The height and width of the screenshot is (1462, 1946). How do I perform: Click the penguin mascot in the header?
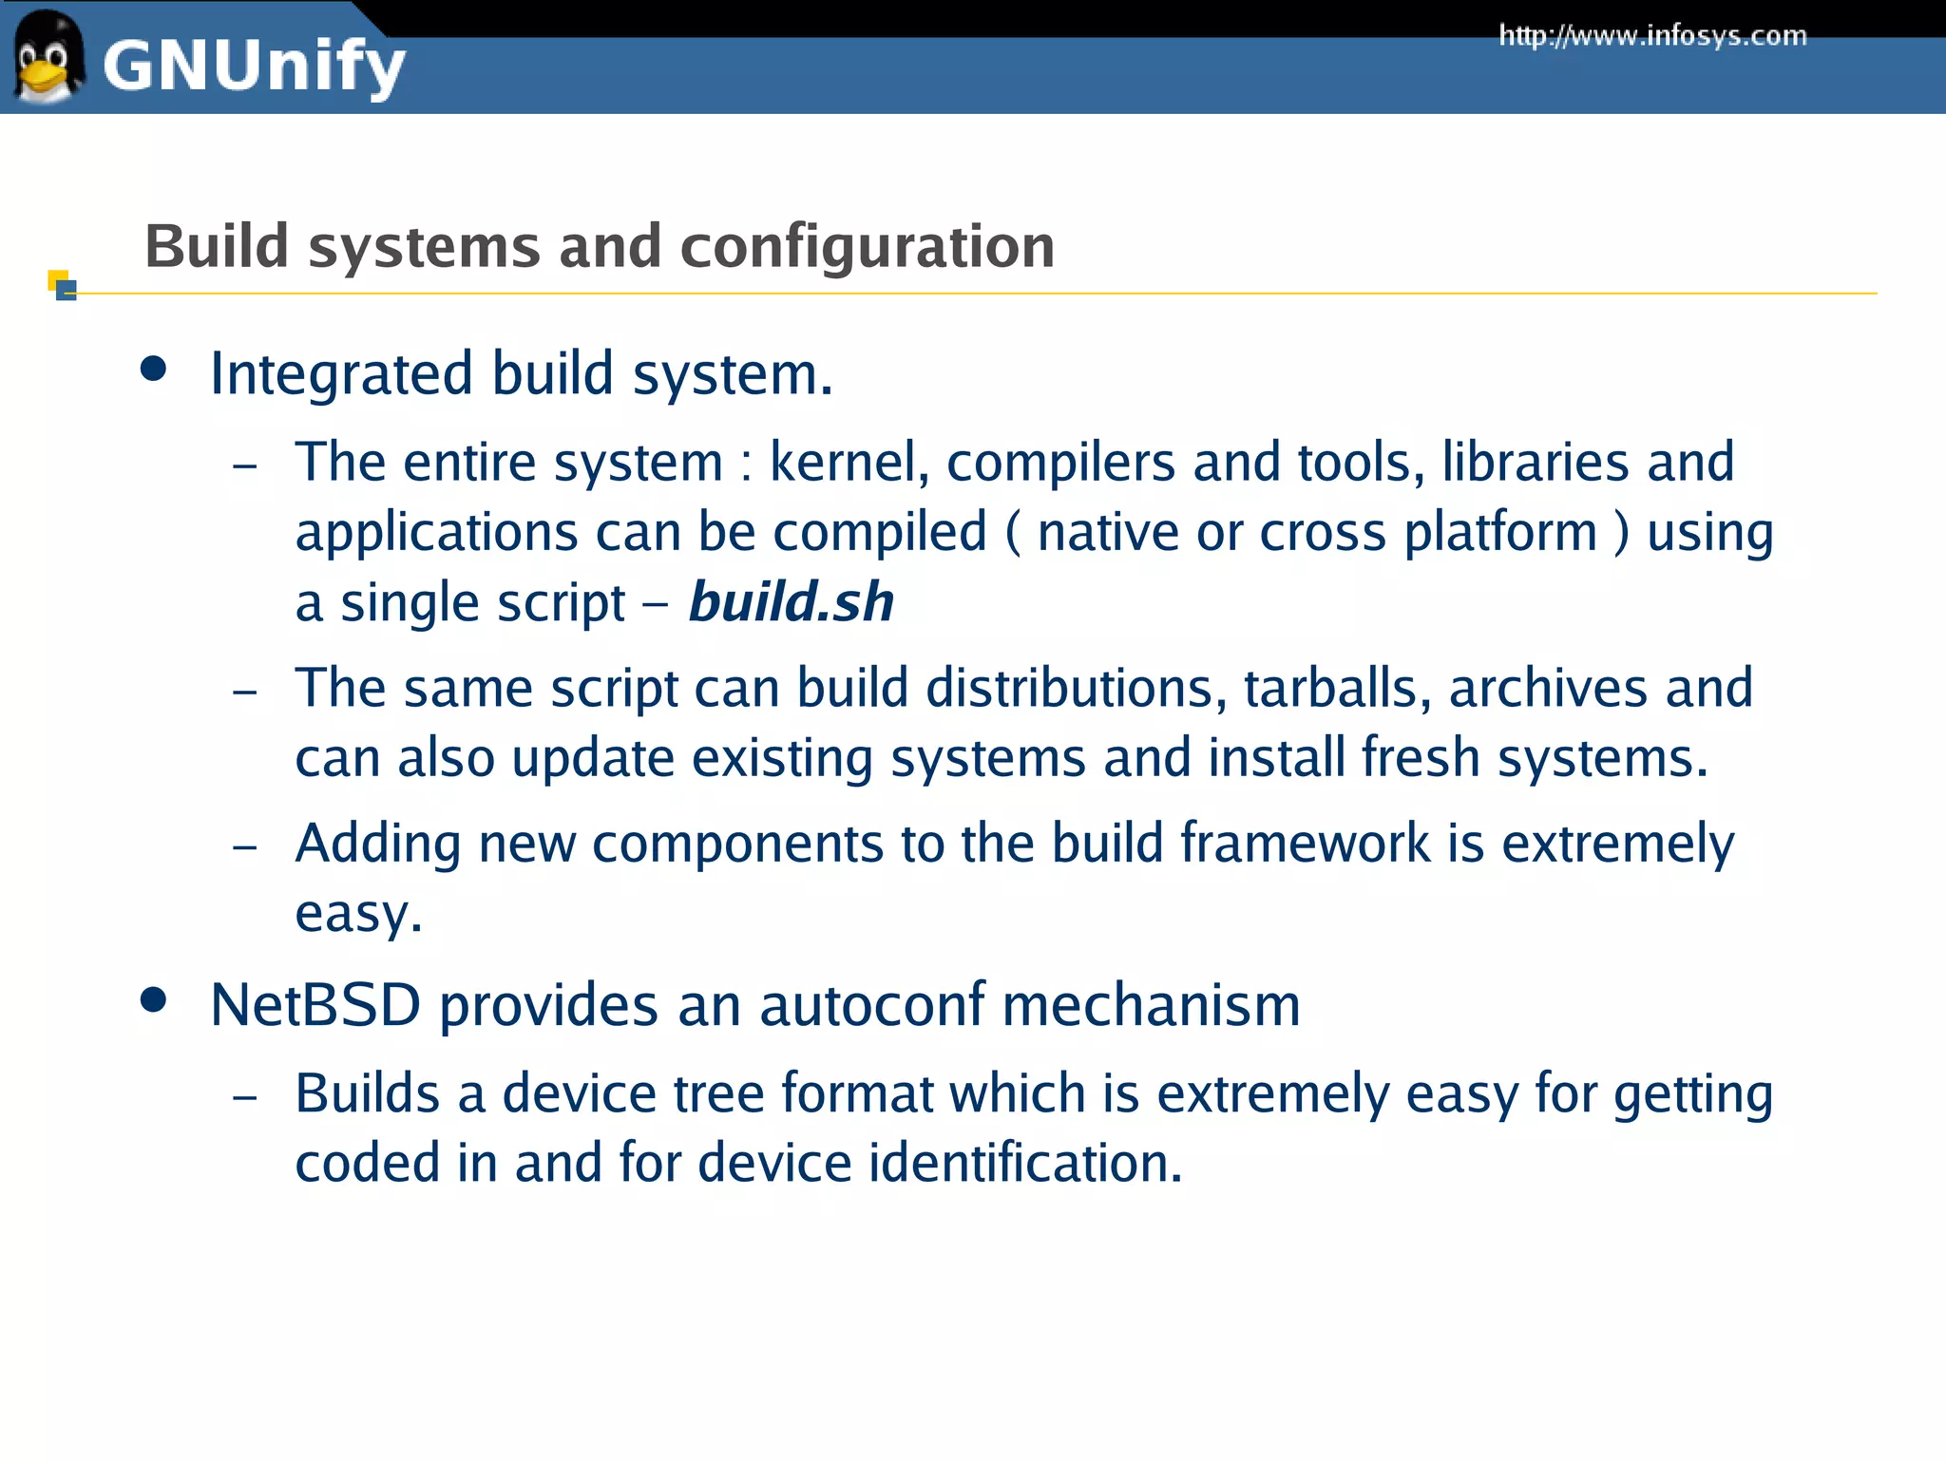point(48,59)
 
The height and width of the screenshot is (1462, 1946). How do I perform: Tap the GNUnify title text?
point(254,66)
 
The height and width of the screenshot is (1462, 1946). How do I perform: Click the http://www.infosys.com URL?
point(1652,36)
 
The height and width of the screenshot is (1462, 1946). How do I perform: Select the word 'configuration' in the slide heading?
point(867,247)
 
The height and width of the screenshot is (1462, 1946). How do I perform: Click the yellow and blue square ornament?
point(62,285)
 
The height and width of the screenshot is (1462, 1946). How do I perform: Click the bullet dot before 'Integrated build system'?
point(153,370)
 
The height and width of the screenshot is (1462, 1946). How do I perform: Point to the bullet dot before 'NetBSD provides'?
point(153,999)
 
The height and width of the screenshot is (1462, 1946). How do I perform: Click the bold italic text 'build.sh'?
point(792,602)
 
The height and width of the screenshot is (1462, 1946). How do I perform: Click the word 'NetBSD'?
point(315,1005)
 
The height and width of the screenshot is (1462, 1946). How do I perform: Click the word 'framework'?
point(1305,844)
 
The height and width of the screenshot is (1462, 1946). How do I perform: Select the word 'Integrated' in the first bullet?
point(341,373)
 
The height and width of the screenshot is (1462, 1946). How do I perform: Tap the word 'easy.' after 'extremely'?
point(358,914)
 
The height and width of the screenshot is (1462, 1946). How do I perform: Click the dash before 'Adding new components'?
point(245,845)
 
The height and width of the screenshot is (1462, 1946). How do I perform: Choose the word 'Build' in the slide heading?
point(217,247)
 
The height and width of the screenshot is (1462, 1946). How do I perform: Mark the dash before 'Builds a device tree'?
point(245,1096)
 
